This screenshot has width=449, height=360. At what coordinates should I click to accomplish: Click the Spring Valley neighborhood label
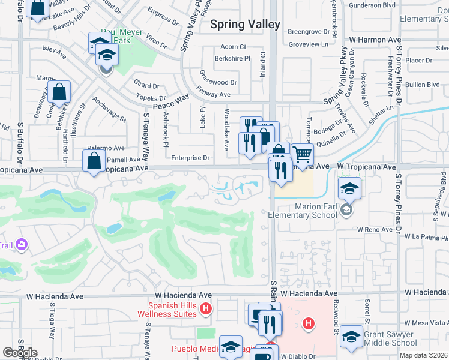pyautogui.click(x=245, y=25)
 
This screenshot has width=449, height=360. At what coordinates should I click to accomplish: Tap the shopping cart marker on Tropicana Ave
pyautogui.click(x=302, y=155)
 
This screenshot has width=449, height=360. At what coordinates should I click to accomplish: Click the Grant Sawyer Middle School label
pyautogui.click(x=390, y=338)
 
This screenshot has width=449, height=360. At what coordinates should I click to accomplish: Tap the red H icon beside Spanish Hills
pyautogui.click(x=206, y=309)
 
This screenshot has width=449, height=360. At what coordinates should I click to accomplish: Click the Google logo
pyautogui.click(x=20, y=353)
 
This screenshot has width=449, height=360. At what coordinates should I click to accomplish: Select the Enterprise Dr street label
pyautogui.click(x=190, y=158)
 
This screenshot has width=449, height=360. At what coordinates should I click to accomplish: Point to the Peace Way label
pyautogui.click(x=171, y=101)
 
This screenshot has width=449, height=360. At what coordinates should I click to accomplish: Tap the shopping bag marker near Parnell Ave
pyautogui.click(x=94, y=161)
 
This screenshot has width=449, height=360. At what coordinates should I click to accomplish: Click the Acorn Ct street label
pyautogui.click(x=234, y=46)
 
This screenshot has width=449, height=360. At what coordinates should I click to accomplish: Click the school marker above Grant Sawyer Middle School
pyautogui.click(x=351, y=337)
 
